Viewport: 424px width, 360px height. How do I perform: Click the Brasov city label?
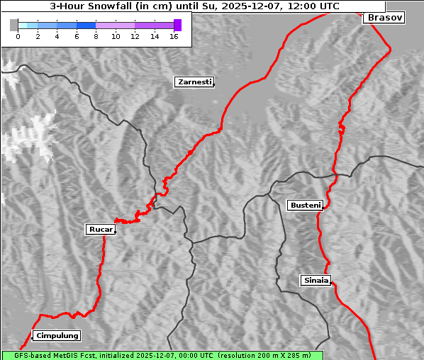pyautogui.click(x=384, y=18)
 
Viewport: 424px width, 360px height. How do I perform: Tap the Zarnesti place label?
pyautogui.click(x=194, y=82)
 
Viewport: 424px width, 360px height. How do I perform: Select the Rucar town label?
pyautogui.click(x=100, y=229)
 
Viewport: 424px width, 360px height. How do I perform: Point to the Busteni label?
pyautogui.click(x=305, y=205)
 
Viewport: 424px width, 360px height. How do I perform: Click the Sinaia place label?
pyautogui.click(x=316, y=280)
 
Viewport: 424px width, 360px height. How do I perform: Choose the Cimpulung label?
pyautogui.click(x=57, y=335)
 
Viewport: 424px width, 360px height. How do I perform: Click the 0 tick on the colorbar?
pyautogui.click(x=18, y=36)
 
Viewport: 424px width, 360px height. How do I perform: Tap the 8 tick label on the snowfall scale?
pyautogui.click(x=96, y=36)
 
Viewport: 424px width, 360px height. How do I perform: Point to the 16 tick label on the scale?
pyautogui.click(x=174, y=36)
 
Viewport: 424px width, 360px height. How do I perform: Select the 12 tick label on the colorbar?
pyautogui.click(x=135, y=36)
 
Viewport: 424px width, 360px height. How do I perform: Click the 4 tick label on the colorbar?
pyautogui.click(x=57, y=36)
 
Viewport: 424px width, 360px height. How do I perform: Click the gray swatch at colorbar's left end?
pyautogui.click(x=13, y=25)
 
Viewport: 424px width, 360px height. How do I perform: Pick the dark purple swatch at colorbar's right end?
pyautogui.click(x=177, y=25)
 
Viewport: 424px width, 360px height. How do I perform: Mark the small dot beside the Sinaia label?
pyautogui.click(x=332, y=283)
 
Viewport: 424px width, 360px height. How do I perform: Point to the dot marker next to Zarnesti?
pyautogui.click(x=213, y=85)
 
